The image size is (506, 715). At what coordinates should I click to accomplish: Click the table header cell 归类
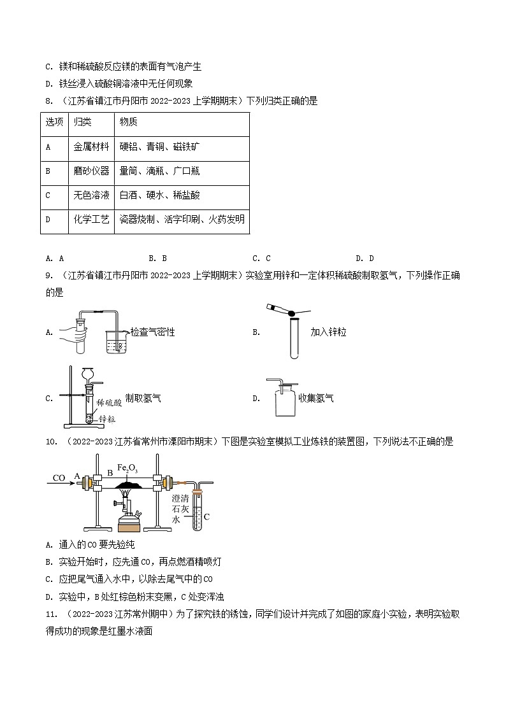[x=82, y=122]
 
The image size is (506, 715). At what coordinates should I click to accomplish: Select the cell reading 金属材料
[x=91, y=147]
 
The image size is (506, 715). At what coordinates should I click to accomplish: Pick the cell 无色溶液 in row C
[x=91, y=195]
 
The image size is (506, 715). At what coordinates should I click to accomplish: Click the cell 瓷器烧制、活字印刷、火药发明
[x=182, y=219]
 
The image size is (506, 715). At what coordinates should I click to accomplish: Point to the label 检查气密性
[x=152, y=332]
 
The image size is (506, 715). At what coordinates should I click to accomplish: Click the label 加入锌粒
[x=328, y=332]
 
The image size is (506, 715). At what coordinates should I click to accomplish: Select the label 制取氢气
[x=143, y=398]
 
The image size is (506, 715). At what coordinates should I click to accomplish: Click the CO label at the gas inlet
[x=59, y=478]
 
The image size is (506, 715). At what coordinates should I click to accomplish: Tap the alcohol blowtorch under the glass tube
[x=132, y=513]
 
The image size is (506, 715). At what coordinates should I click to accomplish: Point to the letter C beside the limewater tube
[x=206, y=517]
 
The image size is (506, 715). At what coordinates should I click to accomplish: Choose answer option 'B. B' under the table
[x=157, y=258]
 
